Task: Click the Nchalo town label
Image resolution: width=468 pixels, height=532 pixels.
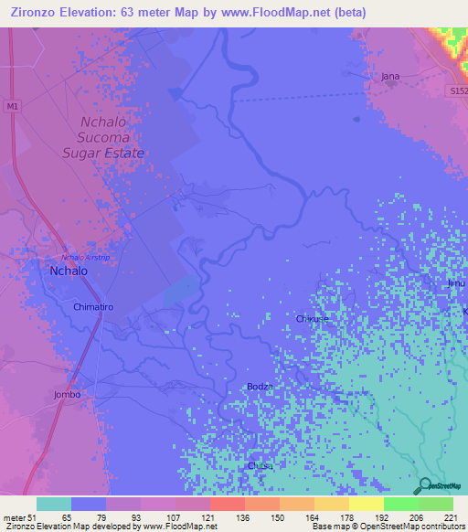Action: (x=69, y=271)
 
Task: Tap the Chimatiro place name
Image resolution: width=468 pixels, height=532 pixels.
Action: (x=93, y=308)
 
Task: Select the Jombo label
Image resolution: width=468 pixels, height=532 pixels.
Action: (x=67, y=395)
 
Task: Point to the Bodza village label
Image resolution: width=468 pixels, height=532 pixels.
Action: (x=261, y=387)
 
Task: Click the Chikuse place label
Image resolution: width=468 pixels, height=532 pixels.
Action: (x=313, y=319)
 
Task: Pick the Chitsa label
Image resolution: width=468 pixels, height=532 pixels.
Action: (x=261, y=465)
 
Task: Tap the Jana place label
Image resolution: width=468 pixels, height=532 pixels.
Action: (x=391, y=78)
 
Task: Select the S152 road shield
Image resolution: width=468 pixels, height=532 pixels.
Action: (x=460, y=92)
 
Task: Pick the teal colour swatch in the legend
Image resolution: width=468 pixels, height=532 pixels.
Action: (x=54, y=504)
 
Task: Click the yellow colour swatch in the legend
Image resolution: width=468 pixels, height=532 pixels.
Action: (x=366, y=504)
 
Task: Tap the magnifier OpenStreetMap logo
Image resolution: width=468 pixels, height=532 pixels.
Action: (x=425, y=486)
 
